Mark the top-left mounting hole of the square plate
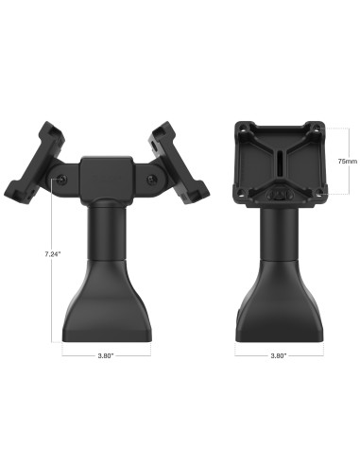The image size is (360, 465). click(x=249, y=129)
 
